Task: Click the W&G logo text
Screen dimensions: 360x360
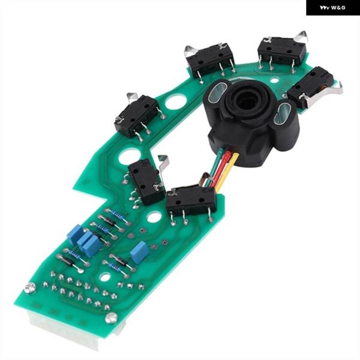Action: (332, 8)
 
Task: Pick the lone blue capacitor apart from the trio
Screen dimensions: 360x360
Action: (140, 253)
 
